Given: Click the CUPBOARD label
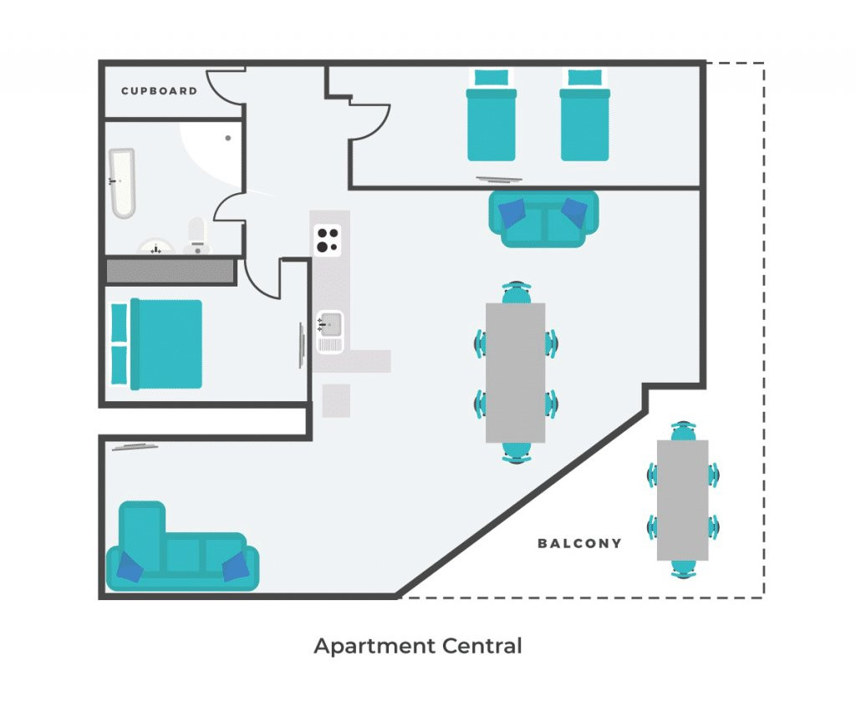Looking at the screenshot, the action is (x=159, y=91).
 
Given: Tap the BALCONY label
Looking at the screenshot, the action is (x=580, y=543).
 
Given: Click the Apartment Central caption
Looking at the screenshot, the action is (x=418, y=646).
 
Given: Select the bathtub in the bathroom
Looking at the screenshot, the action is (x=122, y=183).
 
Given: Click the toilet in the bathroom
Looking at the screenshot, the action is (x=197, y=236).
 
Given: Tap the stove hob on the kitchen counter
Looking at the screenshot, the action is (x=328, y=241).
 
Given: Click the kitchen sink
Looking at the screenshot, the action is (x=329, y=332).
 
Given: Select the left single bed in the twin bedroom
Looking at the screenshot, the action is (x=492, y=115).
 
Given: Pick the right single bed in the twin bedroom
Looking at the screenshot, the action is (x=585, y=115).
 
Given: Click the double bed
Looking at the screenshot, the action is (x=156, y=344).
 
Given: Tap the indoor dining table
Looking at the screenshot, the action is (x=515, y=373).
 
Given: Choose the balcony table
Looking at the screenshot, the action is (x=682, y=501).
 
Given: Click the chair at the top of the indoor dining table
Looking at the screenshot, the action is (x=516, y=293).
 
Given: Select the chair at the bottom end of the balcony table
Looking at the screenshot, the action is (x=684, y=568).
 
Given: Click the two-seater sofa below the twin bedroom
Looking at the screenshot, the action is (x=543, y=219).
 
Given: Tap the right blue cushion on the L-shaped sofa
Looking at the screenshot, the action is (x=236, y=567).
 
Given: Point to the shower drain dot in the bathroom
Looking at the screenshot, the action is (x=228, y=138).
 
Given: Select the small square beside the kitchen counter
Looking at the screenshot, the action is (x=336, y=401).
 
